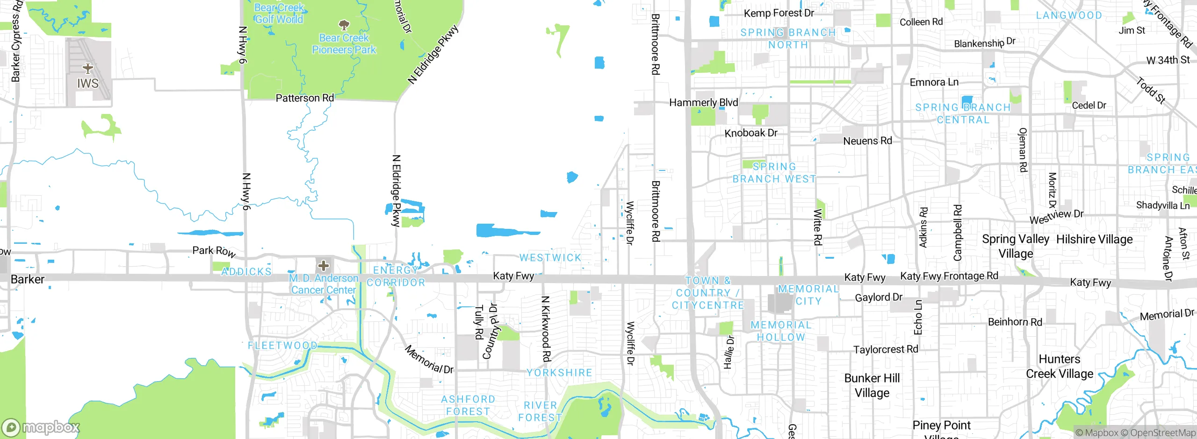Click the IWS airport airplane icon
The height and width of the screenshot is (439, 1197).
88,69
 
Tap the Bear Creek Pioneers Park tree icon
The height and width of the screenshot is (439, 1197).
344,25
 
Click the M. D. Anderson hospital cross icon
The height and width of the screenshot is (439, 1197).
323,266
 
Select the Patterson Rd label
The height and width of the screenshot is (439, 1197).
304,98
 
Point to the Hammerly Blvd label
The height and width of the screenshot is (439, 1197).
703,103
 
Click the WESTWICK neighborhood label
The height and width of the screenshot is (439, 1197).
550,258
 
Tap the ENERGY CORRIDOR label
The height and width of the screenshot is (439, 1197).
396,276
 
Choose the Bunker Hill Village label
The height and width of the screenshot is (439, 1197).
872,385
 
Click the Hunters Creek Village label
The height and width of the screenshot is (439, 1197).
1060,367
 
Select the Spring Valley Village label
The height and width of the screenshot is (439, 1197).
1016,246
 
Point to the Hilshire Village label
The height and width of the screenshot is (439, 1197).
1095,240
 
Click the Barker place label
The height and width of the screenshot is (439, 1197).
28,279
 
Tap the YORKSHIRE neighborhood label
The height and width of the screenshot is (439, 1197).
559,373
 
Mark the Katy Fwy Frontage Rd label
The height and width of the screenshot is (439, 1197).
949,276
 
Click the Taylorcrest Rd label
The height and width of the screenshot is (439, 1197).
886,349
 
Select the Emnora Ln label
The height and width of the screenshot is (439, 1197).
934,83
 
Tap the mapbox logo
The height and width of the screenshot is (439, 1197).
41,427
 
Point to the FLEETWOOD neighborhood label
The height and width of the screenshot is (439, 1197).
282,346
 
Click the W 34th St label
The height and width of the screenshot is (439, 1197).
1168,60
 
